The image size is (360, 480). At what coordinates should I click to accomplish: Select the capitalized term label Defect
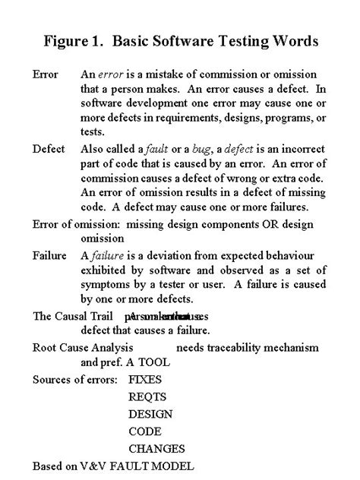pos(49,149)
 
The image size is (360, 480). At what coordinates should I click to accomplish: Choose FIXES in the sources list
pos(146,378)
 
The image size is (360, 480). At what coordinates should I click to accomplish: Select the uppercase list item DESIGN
pos(150,414)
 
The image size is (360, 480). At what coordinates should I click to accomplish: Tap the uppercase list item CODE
pos(145,431)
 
